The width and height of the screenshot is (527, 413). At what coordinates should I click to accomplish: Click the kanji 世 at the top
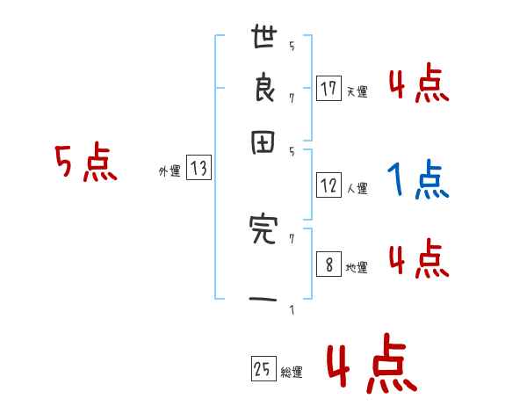click(x=264, y=40)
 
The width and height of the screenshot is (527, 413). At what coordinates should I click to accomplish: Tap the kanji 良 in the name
click(x=264, y=90)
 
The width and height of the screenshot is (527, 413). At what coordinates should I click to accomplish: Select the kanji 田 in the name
click(x=264, y=143)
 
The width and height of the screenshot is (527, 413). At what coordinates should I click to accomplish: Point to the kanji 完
click(x=263, y=230)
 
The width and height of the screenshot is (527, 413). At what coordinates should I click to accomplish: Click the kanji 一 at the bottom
click(x=264, y=301)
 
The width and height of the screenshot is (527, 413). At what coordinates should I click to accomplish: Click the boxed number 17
click(x=328, y=88)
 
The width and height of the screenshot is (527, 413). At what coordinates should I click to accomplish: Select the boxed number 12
click(x=328, y=185)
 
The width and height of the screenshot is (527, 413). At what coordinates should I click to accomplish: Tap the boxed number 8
click(x=328, y=264)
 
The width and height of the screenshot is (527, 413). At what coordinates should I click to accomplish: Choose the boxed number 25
click(x=263, y=370)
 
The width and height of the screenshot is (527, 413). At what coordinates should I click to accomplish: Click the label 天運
click(x=357, y=91)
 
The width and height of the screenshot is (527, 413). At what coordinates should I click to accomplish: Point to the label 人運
click(x=357, y=188)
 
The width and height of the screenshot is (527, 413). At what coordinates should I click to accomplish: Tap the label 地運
click(x=357, y=268)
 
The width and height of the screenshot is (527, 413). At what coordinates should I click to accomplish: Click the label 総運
click(x=292, y=373)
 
